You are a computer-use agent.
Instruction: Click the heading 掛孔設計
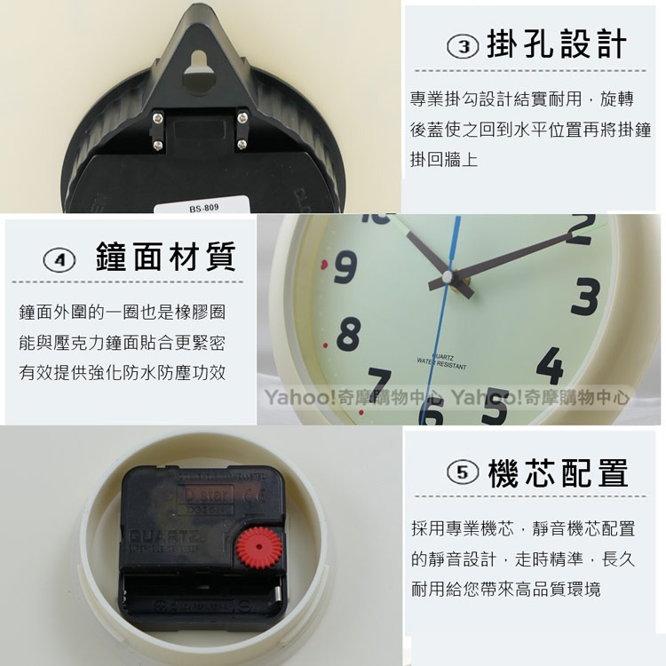click(x=557, y=44)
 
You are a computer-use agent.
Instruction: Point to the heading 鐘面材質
click(x=165, y=258)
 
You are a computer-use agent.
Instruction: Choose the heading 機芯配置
click(x=558, y=472)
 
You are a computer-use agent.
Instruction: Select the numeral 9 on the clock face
click(x=345, y=266)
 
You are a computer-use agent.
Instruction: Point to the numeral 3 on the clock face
click(x=585, y=297)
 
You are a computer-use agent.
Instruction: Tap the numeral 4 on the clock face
click(x=551, y=365)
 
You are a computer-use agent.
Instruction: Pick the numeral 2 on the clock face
click(x=578, y=229)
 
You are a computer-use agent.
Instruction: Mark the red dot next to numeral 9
click(x=324, y=264)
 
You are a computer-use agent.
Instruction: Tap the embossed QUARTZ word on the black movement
click(x=155, y=536)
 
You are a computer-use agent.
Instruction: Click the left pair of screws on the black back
click(x=157, y=129)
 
